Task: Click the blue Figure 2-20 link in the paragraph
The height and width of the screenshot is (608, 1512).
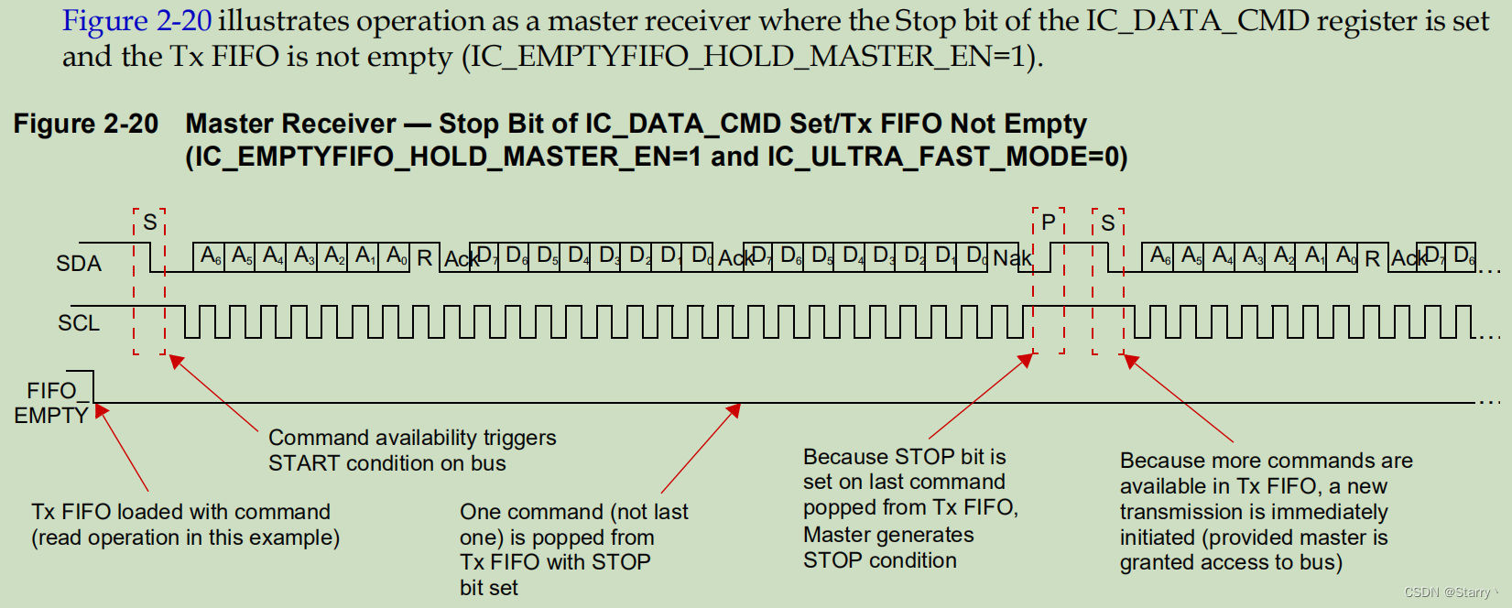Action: point(136,21)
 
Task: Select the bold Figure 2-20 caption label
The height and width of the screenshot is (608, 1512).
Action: point(85,124)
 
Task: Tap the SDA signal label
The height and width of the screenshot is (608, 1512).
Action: point(79,264)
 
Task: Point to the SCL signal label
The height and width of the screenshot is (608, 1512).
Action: point(79,323)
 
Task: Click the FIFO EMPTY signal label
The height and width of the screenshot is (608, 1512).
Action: point(51,403)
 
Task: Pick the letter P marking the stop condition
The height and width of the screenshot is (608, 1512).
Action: point(1049,223)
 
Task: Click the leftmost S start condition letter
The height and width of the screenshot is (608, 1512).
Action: point(150,223)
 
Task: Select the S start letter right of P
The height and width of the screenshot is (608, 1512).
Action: point(1108,223)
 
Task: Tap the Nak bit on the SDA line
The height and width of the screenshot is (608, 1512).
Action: point(1012,258)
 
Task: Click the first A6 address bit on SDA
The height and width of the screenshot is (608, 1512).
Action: point(211,255)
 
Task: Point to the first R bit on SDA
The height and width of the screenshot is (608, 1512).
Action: point(424,258)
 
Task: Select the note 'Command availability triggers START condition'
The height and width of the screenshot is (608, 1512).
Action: point(411,451)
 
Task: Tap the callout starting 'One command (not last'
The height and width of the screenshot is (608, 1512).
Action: point(573,549)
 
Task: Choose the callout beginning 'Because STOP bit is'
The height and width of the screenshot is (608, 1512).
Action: point(909,508)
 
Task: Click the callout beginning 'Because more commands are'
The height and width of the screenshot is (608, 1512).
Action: point(1265,511)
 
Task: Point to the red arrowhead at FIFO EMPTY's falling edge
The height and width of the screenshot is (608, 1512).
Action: point(101,411)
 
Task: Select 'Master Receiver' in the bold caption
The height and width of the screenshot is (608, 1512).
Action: point(290,124)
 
